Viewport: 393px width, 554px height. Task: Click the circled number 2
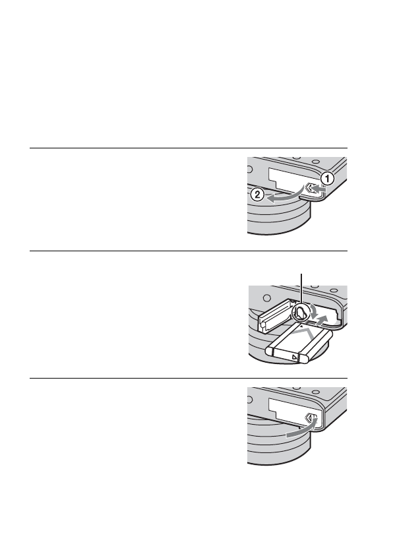(257, 195)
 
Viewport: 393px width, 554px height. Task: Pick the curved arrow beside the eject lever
(315, 309)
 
